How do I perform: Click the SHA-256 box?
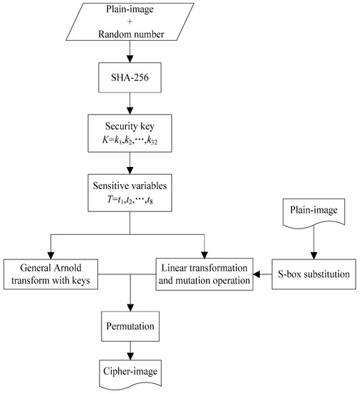[130, 77]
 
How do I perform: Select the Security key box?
[130, 133]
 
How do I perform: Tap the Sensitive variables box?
[130, 193]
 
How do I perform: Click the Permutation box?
[130, 326]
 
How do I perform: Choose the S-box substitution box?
[313, 274]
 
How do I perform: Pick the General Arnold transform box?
[51, 274]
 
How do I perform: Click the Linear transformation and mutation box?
[205, 274]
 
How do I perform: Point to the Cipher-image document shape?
[130, 374]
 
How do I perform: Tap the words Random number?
[131, 34]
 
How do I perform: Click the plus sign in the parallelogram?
[130, 21]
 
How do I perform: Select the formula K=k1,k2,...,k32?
[130, 140]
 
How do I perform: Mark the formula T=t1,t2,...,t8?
[130, 200]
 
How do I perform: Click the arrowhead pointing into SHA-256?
[130, 59]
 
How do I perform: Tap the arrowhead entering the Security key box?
[130, 111]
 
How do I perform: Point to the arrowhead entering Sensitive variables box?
[130, 170]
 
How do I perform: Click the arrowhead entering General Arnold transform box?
[51, 256]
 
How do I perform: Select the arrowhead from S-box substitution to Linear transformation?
[256, 274]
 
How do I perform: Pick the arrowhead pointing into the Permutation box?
[130, 308]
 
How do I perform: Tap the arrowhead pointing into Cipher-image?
[130, 357]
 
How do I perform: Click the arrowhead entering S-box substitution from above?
[314, 256]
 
